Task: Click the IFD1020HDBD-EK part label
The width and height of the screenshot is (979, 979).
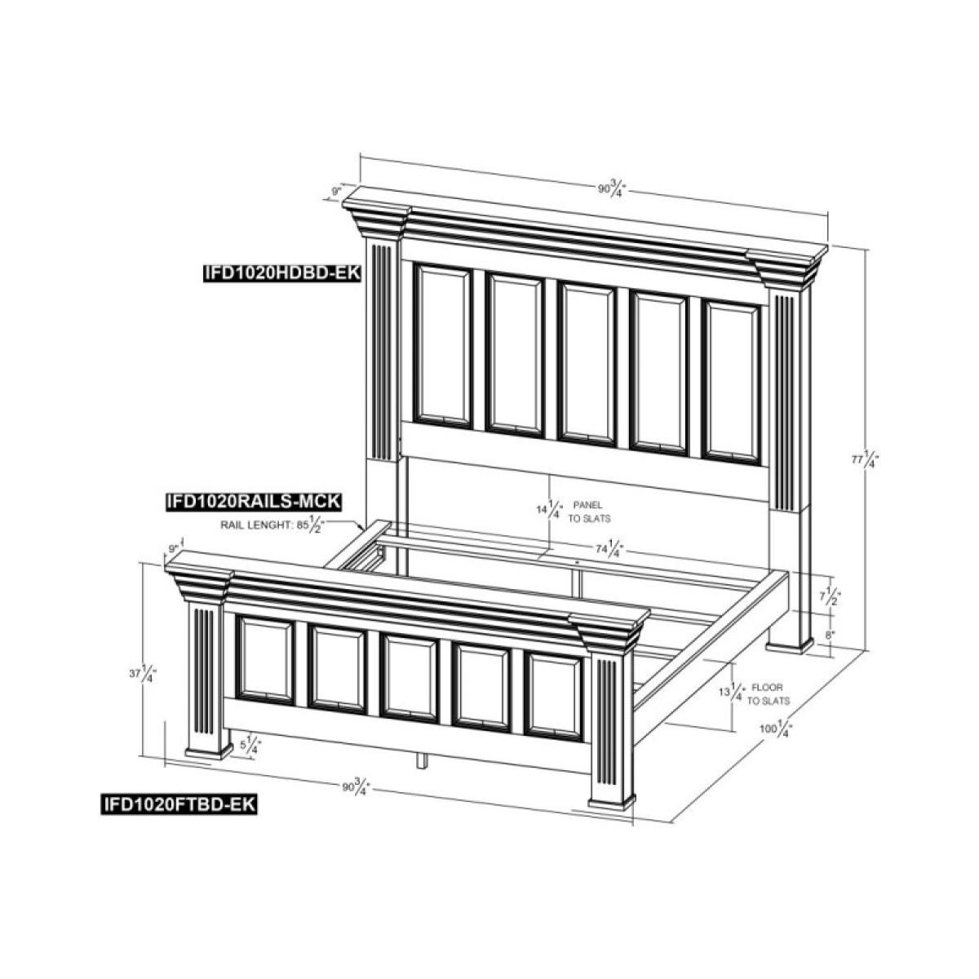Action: (282, 272)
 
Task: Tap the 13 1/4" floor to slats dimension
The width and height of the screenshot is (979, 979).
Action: (733, 693)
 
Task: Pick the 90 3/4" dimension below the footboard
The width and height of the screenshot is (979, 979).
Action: (357, 786)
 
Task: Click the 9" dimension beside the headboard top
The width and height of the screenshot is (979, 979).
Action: (335, 191)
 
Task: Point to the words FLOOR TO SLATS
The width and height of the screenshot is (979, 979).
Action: (769, 694)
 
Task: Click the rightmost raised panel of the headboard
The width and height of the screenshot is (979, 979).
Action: (732, 382)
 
